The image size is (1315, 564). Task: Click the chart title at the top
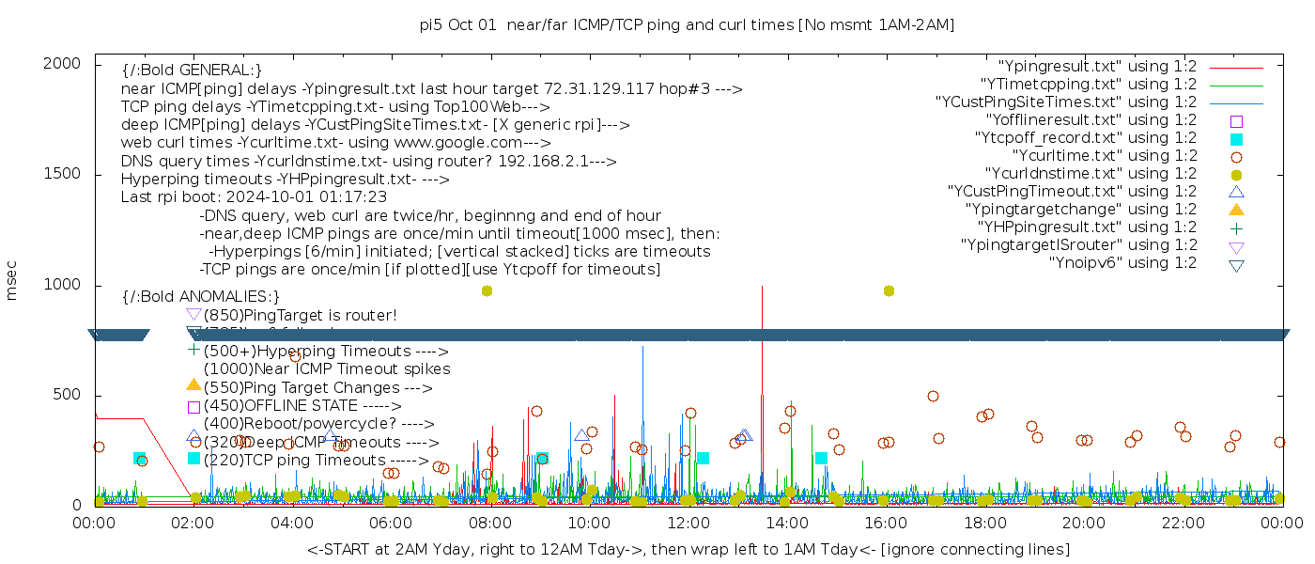tap(687, 24)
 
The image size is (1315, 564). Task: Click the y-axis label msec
tap(12, 283)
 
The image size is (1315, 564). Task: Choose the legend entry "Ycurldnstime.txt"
tap(1091, 173)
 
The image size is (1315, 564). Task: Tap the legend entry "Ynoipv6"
tap(1122, 262)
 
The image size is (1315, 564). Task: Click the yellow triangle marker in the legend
tap(1236, 209)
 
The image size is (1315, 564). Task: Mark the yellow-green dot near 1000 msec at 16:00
tap(889, 290)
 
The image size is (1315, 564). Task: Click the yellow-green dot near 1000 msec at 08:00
tap(487, 290)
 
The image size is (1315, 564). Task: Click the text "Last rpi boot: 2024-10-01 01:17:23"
tap(254, 197)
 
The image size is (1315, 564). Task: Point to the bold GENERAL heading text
tap(192, 70)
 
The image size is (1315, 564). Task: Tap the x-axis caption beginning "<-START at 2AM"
tap(688, 548)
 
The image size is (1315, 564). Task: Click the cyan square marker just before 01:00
tap(139, 459)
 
